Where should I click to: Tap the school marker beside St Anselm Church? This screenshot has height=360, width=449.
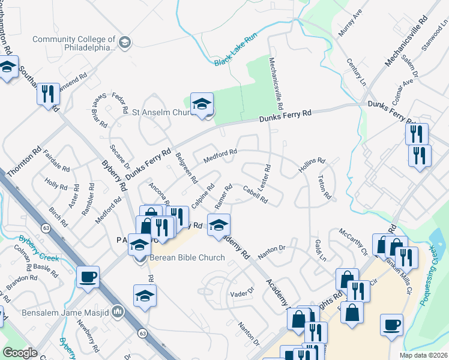[x=202, y=104]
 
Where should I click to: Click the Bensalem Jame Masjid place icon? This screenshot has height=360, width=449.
[x=118, y=312]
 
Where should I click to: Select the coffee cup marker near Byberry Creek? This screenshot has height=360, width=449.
[x=88, y=277]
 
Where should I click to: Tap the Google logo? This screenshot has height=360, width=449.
[x=20, y=353]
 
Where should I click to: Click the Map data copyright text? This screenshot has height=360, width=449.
[x=423, y=355]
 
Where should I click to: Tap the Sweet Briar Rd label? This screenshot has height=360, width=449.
[x=100, y=111]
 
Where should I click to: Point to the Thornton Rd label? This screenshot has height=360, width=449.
[x=23, y=162]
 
